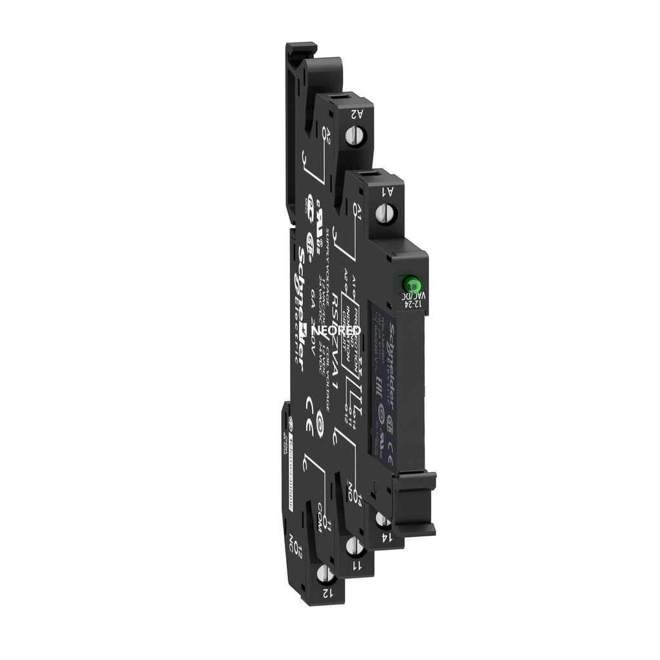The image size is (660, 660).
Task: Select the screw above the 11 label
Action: [353, 547]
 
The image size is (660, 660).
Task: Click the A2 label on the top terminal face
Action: [354, 114]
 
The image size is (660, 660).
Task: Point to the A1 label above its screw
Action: [389, 190]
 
